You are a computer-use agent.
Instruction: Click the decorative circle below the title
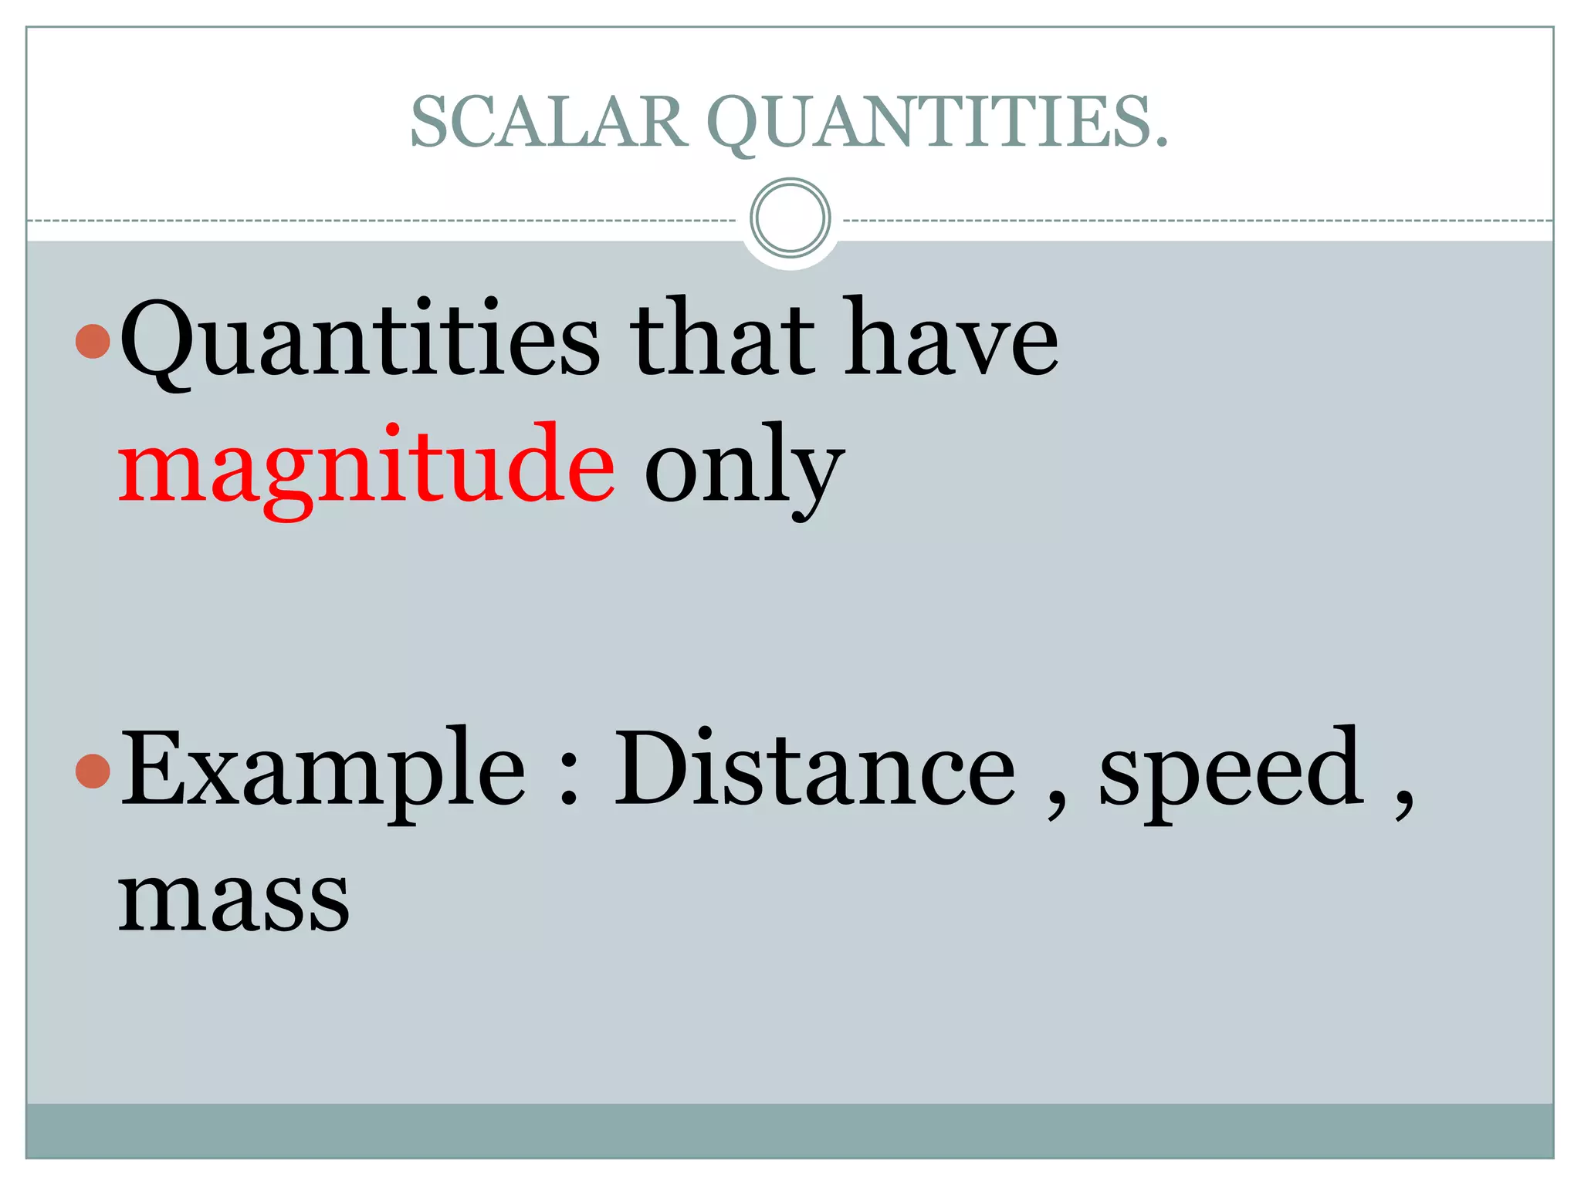click(x=790, y=218)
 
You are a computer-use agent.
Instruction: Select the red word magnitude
click(x=367, y=467)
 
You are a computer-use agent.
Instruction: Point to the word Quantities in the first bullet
click(x=360, y=339)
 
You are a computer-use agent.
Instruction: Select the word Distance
click(x=814, y=768)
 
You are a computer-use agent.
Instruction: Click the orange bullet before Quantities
click(x=93, y=341)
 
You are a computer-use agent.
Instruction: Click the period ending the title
click(x=1160, y=142)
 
